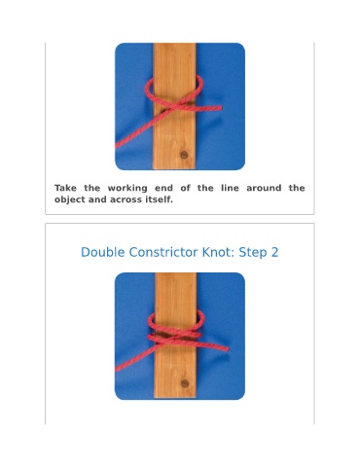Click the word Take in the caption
coord(65,188)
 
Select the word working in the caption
coord(127,189)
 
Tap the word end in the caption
coord(163,188)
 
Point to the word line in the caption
coord(230,188)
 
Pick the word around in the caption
coord(264,188)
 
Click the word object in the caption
coord(70,199)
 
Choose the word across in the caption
coord(126,199)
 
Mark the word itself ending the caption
coord(159,199)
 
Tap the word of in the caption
coord(185,188)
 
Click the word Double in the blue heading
coord(102,252)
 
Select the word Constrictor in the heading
coord(163,252)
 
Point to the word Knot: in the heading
coord(219,252)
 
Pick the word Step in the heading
coord(253,253)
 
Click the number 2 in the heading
coord(274,252)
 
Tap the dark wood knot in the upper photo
coord(184,155)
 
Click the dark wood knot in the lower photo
coord(185,383)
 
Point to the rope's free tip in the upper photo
coord(221,107)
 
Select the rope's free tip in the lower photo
coord(227,349)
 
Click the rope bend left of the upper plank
coord(147,90)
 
